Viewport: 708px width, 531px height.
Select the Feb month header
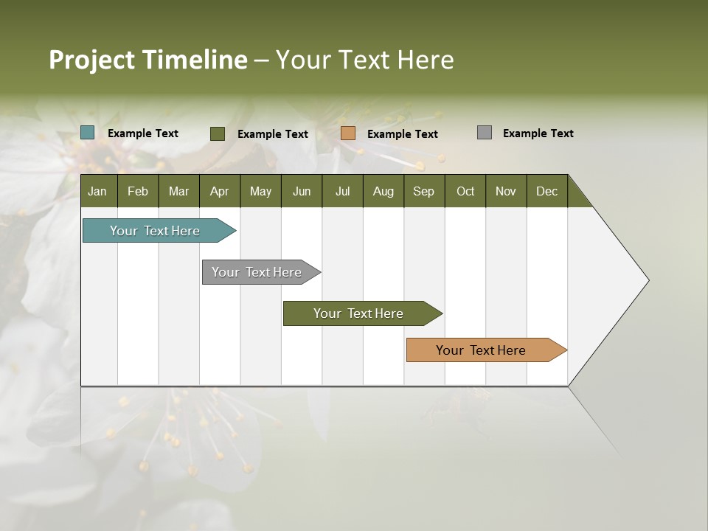[x=138, y=191]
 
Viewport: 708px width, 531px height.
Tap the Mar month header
[x=178, y=191]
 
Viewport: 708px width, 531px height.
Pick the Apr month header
[x=220, y=191]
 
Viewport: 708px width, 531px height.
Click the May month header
[x=260, y=191]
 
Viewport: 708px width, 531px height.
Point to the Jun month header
[x=302, y=191]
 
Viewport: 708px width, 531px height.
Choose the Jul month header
[x=342, y=191]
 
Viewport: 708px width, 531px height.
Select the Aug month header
[x=383, y=191]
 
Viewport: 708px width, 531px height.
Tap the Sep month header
[x=424, y=191]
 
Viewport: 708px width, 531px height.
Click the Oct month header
[x=465, y=191]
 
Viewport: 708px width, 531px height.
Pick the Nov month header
[x=506, y=191]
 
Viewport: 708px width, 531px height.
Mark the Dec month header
[x=547, y=191]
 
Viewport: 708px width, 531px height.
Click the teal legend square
[x=88, y=133]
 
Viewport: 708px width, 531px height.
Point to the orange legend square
[x=348, y=133]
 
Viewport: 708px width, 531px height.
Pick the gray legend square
[x=485, y=133]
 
